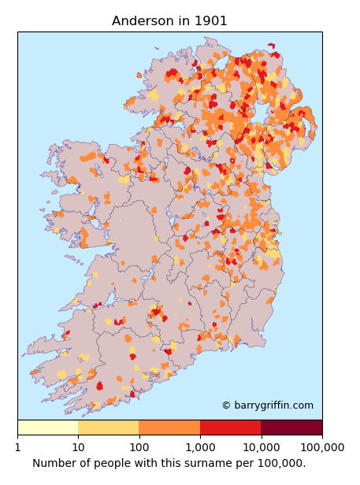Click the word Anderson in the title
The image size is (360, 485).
[143, 21]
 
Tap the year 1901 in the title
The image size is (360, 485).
[210, 21]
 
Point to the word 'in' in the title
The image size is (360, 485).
[184, 21]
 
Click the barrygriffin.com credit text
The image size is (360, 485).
[273, 405]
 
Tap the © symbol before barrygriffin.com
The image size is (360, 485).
[226, 405]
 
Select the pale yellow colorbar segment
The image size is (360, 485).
[47, 428]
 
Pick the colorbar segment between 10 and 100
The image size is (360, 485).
[109, 428]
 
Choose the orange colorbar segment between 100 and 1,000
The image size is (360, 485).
[169, 428]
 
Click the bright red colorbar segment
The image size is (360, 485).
[230, 428]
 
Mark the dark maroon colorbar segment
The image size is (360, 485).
[291, 428]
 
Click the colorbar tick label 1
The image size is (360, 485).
[17, 447]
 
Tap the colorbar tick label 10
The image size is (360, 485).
[78, 447]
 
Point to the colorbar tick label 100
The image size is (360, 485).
[139, 447]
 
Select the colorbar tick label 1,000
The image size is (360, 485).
[200, 447]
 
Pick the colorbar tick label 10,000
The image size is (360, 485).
[261, 447]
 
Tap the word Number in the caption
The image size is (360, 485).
[54, 463]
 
